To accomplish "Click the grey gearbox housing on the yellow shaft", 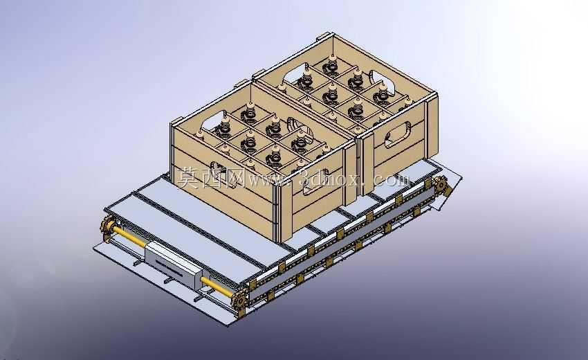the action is (x=173, y=264).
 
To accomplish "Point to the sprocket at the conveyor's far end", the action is (x=443, y=186).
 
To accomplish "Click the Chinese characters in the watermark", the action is (x=211, y=177).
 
